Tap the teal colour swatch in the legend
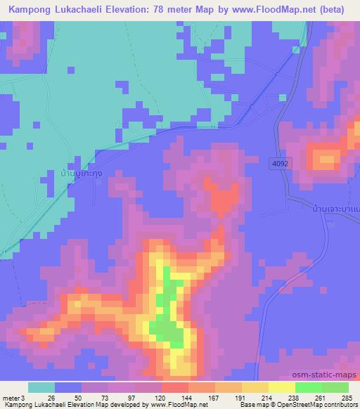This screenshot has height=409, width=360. (41, 387)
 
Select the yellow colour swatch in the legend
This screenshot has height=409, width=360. (281, 387)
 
